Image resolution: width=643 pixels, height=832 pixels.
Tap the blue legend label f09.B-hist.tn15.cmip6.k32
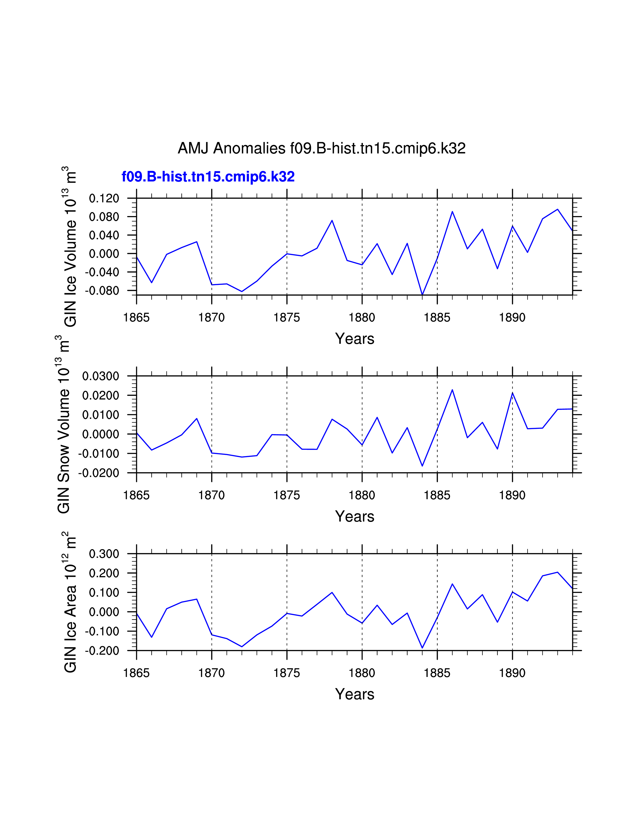[208, 177]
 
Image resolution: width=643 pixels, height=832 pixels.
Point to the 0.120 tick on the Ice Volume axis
[104, 198]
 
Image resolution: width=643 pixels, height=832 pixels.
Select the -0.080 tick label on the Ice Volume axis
[102, 291]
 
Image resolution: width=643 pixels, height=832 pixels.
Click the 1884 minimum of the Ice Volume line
[422, 294]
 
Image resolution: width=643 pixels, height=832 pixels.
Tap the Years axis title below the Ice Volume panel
[354, 339]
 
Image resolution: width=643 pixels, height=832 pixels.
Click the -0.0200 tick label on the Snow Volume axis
[99, 473]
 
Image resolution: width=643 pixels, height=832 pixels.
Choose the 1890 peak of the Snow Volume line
[512, 393]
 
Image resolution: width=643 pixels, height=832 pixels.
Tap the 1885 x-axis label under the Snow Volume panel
[437, 495]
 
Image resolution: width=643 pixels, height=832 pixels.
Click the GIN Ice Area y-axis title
[70, 602]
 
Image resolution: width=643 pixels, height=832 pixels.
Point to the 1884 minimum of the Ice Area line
[422, 648]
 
